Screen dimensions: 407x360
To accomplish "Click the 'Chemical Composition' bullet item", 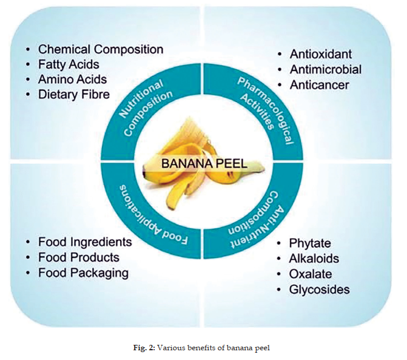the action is click(101, 49).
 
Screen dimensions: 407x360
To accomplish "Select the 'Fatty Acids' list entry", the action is click(69, 64).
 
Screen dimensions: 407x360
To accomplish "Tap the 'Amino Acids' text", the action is click(72, 79).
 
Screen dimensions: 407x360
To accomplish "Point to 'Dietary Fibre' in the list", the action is click(74, 94).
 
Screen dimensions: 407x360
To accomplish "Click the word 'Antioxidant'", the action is click(321, 54).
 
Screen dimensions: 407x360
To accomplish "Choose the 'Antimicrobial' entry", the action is click(326, 69).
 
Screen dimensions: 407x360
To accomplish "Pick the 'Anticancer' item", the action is click(319, 85).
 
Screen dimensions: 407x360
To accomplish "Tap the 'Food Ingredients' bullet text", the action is click(85, 242).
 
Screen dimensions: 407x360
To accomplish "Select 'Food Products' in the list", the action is click(79, 257).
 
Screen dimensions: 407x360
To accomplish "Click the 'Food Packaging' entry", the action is click(84, 273).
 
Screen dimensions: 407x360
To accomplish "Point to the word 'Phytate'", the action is click(310, 243).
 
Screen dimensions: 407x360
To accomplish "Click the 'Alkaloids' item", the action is click(314, 259).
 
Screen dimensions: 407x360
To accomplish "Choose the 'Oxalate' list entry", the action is click(311, 274).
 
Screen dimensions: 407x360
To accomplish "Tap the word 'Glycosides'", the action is click(320, 290).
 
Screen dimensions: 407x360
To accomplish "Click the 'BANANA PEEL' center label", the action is click(204, 164).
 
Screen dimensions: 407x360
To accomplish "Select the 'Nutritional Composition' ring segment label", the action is click(146, 106).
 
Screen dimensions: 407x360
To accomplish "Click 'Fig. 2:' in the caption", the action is click(144, 347).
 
